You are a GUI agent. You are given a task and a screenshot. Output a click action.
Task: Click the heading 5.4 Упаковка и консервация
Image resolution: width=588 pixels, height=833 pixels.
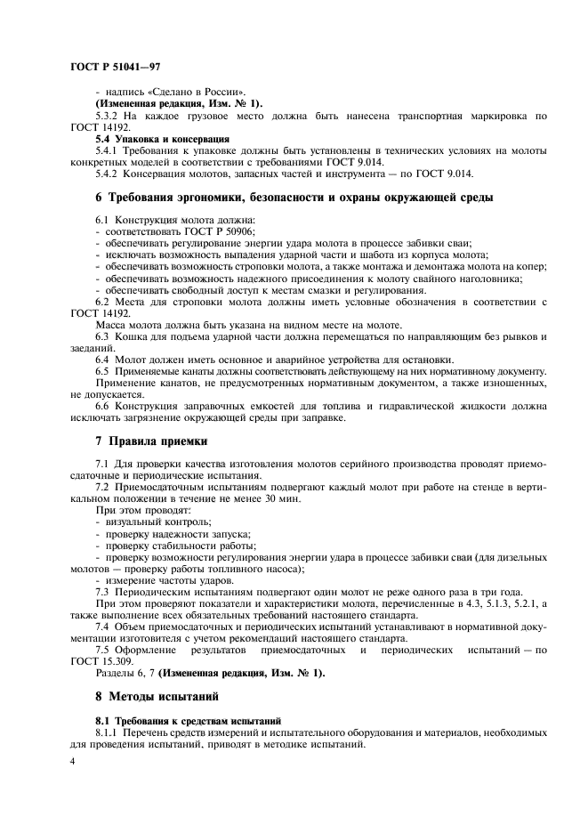[149, 139]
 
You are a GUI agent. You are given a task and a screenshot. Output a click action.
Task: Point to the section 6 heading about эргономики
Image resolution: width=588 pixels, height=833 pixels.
[294, 196]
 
